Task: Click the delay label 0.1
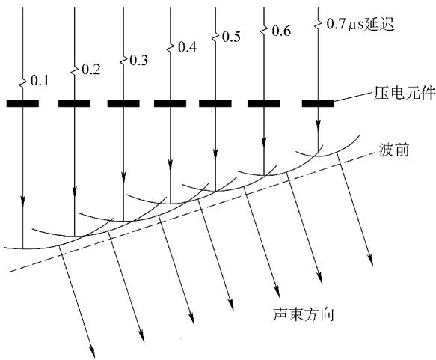click(x=39, y=81)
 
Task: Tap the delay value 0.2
click(x=91, y=70)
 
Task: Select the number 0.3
click(x=139, y=61)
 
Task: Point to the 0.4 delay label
click(x=187, y=47)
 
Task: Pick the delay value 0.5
click(x=231, y=37)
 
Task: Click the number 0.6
click(x=281, y=31)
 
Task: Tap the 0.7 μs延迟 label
click(x=360, y=25)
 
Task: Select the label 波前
click(x=394, y=150)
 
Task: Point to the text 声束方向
click(x=303, y=314)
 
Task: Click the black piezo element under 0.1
click(x=22, y=103)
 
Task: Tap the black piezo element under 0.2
click(x=74, y=103)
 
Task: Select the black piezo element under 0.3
click(x=123, y=103)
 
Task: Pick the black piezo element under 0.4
click(x=171, y=103)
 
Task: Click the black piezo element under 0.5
click(x=215, y=103)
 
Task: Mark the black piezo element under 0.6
click(x=264, y=103)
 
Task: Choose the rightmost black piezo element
click(x=318, y=103)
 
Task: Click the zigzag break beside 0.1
click(x=22, y=82)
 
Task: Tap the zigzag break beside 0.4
click(x=171, y=48)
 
